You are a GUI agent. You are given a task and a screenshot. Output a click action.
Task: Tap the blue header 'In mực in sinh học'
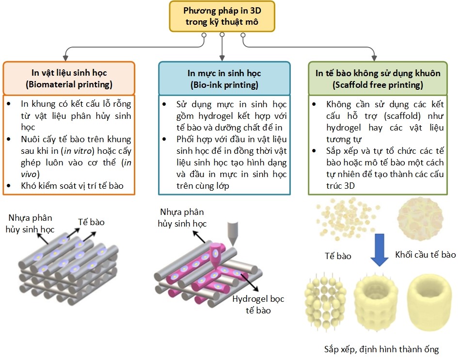pyautogui.click(x=224, y=73)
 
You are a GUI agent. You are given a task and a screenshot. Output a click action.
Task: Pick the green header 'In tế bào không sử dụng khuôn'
pyautogui.click(x=378, y=73)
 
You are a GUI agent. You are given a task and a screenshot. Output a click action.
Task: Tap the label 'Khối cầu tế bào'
pyautogui.click(x=425, y=254)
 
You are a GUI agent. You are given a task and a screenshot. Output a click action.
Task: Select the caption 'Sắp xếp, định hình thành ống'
pyautogui.click(x=382, y=348)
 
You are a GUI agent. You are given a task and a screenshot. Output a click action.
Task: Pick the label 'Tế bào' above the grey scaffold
pyautogui.click(x=91, y=222)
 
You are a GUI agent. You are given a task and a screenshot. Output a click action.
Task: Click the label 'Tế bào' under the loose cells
pyautogui.click(x=338, y=255)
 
